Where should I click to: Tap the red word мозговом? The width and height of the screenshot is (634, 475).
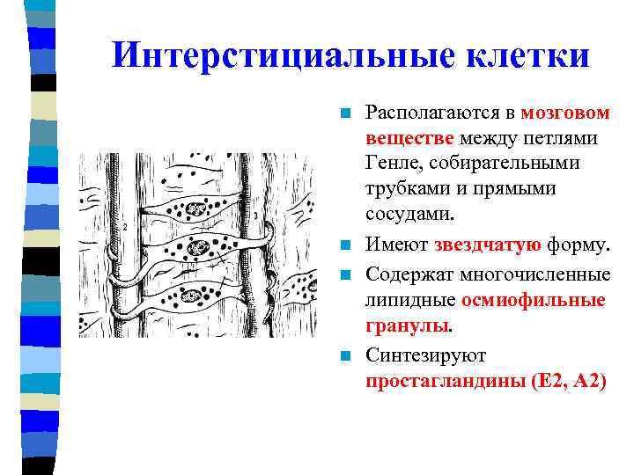coord(564,113)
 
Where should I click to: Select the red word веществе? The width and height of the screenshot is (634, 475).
coord(410,138)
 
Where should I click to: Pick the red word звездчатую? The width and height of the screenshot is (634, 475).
coord(480,244)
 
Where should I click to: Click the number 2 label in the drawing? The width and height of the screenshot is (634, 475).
coord(127,226)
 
